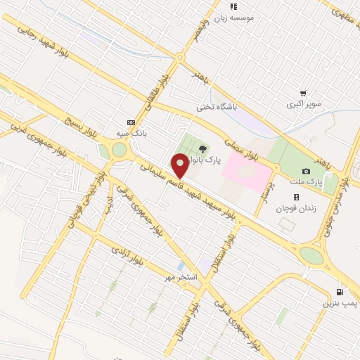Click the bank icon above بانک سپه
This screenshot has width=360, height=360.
tap(129, 121)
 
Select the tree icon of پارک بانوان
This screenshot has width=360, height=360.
tap(203, 148)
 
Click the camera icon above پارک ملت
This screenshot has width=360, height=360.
tap(306, 171)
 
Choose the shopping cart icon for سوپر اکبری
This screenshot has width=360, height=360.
tap(303, 93)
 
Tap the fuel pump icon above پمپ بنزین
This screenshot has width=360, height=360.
tap(341, 292)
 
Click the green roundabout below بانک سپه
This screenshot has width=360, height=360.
tap(119, 150)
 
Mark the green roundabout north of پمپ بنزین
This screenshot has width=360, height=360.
tap(311, 255)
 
